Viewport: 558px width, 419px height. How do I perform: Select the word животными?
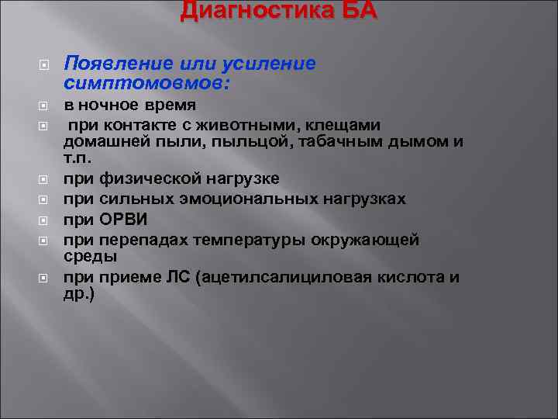coord(214,124)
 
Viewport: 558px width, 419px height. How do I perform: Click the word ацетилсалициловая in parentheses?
coord(288,278)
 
